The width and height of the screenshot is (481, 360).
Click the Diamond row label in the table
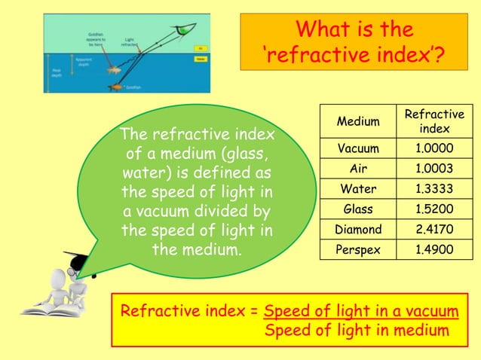[x=358, y=229]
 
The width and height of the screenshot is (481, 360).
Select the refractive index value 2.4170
[x=434, y=229]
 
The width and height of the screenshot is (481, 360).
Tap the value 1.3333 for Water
[x=434, y=188]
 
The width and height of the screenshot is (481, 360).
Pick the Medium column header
[x=358, y=121]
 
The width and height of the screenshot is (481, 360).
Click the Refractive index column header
[x=434, y=121]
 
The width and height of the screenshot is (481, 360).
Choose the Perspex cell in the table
[x=358, y=249]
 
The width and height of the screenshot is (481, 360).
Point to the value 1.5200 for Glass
[x=434, y=209]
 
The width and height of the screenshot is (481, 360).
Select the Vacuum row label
[x=358, y=148]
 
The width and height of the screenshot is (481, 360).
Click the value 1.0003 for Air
[x=434, y=167]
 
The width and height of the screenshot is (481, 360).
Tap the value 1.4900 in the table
[x=434, y=249]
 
